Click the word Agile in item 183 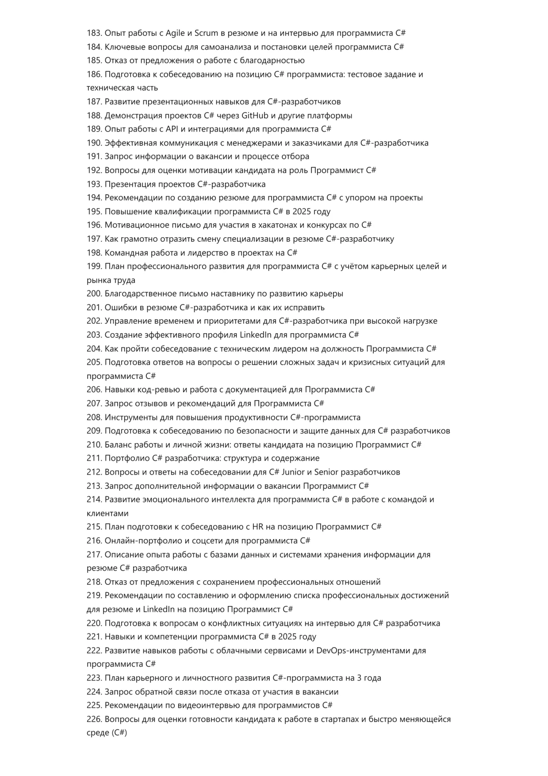pyautogui.click(x=175, y=33)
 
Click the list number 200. pyautogui.click(x=94, y=294)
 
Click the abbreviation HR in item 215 pyautogui.click(x=257, y=527)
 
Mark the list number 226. pyautogui.click(x=94, y=719)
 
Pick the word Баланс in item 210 pyautogui.click(x=118, y=445)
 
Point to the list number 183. pyautogui.click(x=94, y=33)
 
